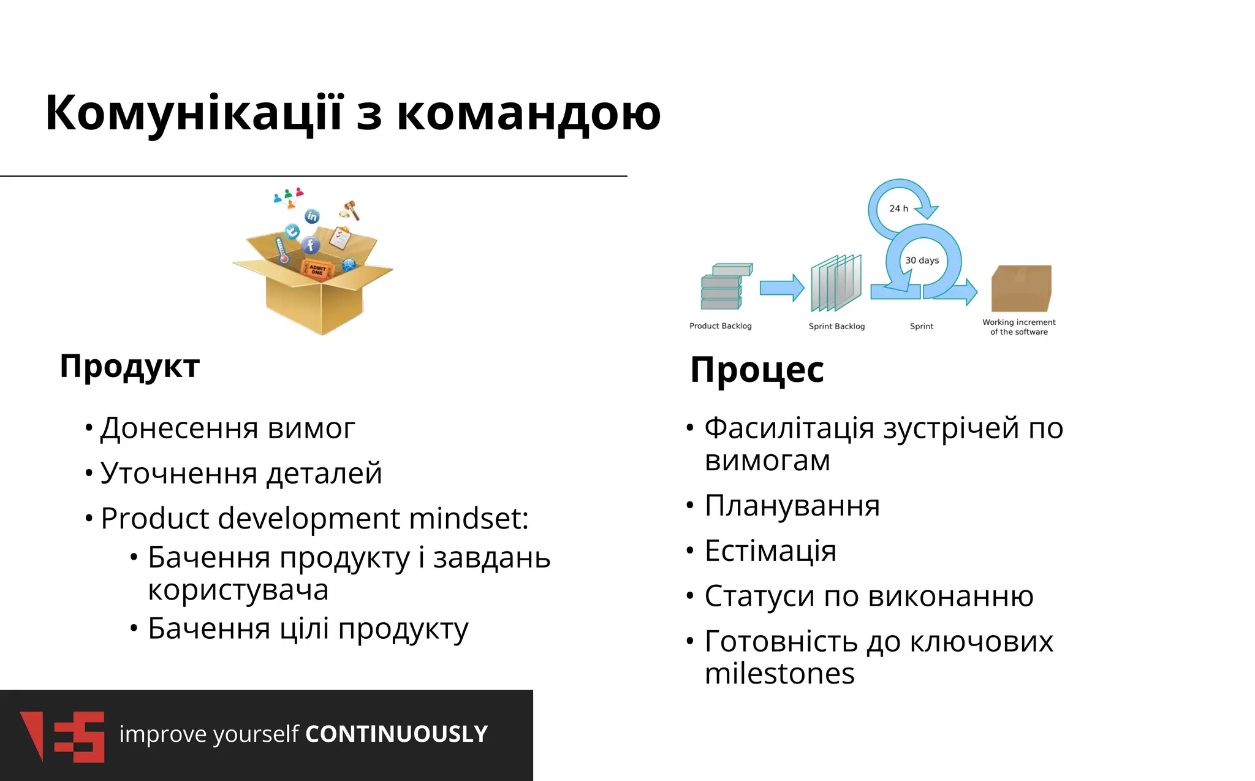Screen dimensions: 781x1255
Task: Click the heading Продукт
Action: (x=130, y=367)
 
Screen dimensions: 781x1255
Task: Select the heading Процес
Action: (x=757, y=370)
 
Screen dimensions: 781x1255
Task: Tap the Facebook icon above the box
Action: (x=310, y=245)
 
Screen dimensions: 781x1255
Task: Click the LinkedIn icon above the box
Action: (x=312, y=216)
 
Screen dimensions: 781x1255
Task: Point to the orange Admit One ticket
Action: (x=317, y=270)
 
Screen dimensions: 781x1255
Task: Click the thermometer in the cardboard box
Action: (x=282, y=251)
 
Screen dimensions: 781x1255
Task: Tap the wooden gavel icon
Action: (x=351, y=210)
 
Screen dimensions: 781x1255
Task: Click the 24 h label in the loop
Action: (x=898, y=208)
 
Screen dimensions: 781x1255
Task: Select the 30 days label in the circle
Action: (x=922, y=260)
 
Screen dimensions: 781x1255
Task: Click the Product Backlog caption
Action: (x=720, y=326)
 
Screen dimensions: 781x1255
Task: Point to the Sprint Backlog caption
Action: (x=836, y=326)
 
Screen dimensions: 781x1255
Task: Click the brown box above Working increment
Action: (x=1021, y=288)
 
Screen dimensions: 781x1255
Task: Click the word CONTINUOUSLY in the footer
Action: (x=396, y=734)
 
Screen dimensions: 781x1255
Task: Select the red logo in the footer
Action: (x=62, y=736)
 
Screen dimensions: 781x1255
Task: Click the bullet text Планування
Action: (x=792, y=506)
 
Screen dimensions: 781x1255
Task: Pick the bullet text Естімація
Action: (x=770, y=551)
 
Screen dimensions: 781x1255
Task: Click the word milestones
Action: (x=779, y=674)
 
